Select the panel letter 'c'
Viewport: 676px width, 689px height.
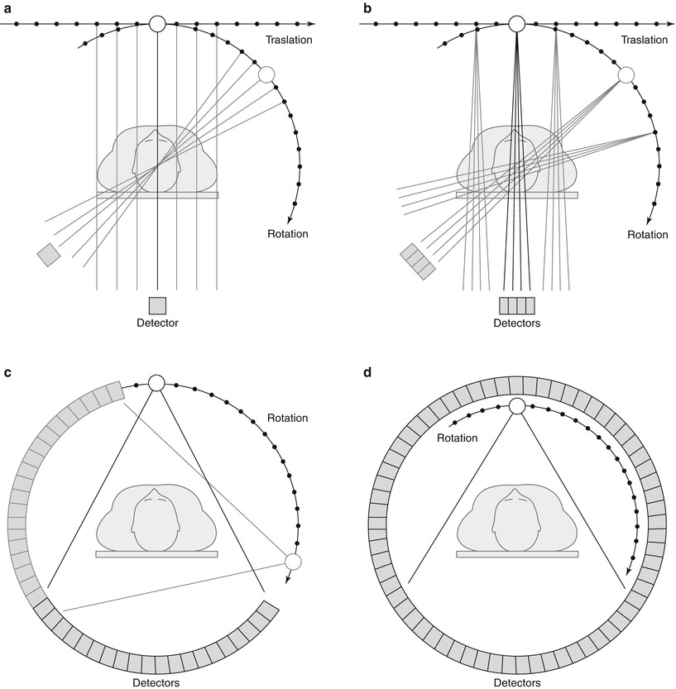7,372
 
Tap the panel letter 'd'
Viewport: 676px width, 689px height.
367,372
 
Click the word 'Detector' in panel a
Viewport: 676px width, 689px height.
157,323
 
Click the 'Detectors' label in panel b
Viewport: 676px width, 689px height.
517,323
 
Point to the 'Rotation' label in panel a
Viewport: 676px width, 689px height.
288,234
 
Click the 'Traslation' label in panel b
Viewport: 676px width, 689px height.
647,39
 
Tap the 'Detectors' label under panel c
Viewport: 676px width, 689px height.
157,682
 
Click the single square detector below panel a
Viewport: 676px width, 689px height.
157,304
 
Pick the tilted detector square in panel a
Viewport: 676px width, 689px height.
49,255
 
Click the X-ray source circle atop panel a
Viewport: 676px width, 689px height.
157,24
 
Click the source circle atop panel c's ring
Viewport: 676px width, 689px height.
156,383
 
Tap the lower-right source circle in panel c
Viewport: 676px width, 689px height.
292,562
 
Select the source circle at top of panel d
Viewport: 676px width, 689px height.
517,406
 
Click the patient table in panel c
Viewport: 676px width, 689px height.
157,554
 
